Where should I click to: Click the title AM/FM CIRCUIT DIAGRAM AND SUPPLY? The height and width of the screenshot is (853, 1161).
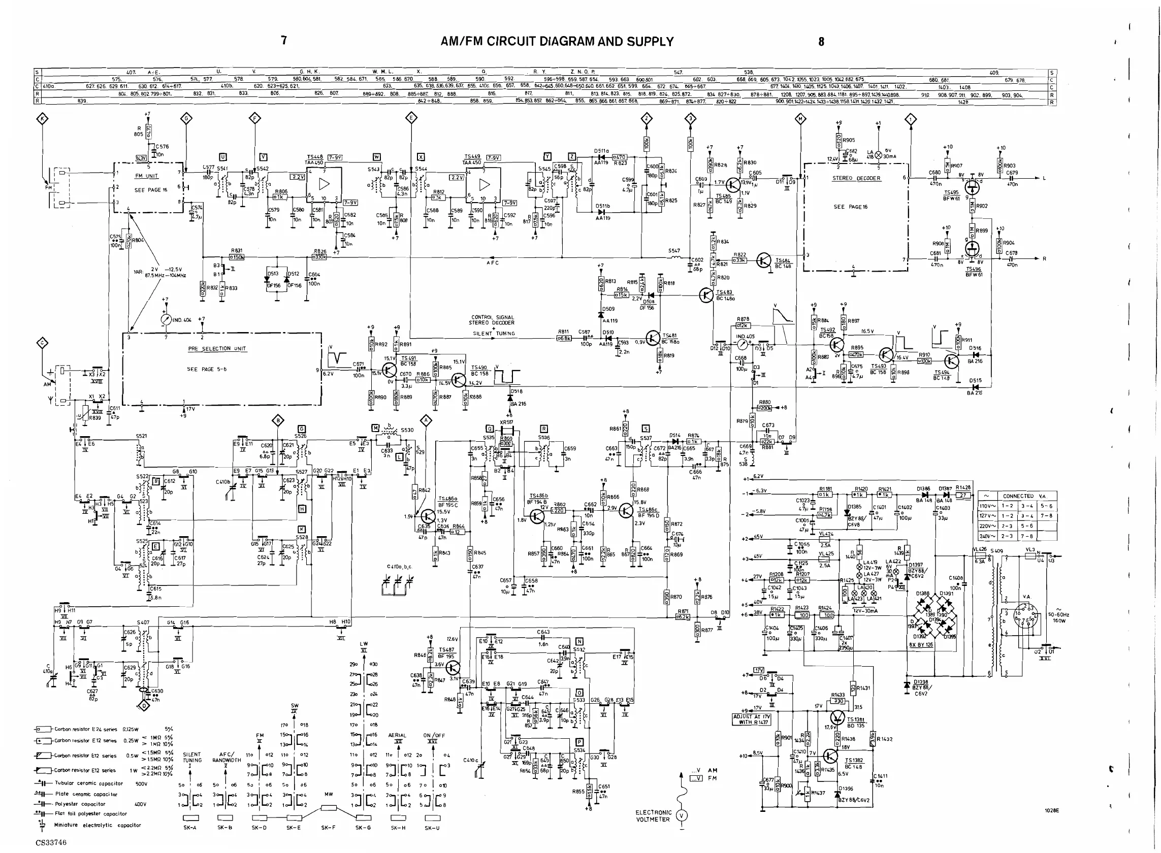tap(557, 41)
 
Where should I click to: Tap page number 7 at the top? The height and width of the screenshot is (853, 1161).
tap(283, 40)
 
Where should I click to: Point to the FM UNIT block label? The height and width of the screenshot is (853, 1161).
tap(146, 176)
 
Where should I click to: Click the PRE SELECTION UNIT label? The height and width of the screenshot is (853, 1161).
tap(217, 349)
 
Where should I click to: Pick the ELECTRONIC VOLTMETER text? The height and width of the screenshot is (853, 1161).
tap(653, 816)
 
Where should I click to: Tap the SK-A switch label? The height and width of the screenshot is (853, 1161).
tap(190, 828)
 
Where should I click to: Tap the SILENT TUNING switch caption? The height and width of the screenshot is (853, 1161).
tap(192, 757)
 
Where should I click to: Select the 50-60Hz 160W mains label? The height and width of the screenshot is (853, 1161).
tap(1059, 617)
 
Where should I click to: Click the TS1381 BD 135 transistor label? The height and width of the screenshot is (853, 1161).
tap(855, 723)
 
